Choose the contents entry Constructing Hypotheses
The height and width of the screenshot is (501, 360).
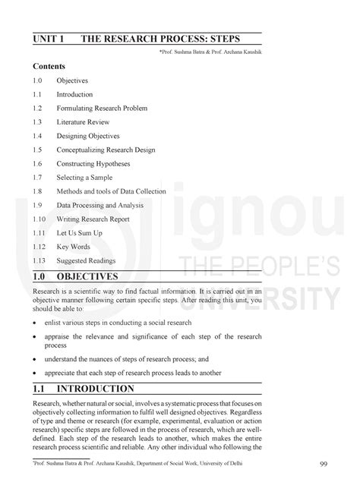[x=93, y=164]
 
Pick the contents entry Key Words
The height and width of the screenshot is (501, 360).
[x=74, y=247]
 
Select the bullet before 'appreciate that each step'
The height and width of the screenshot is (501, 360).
[x=35, y=373]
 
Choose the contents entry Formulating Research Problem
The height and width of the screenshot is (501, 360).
[x=101, y=109]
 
